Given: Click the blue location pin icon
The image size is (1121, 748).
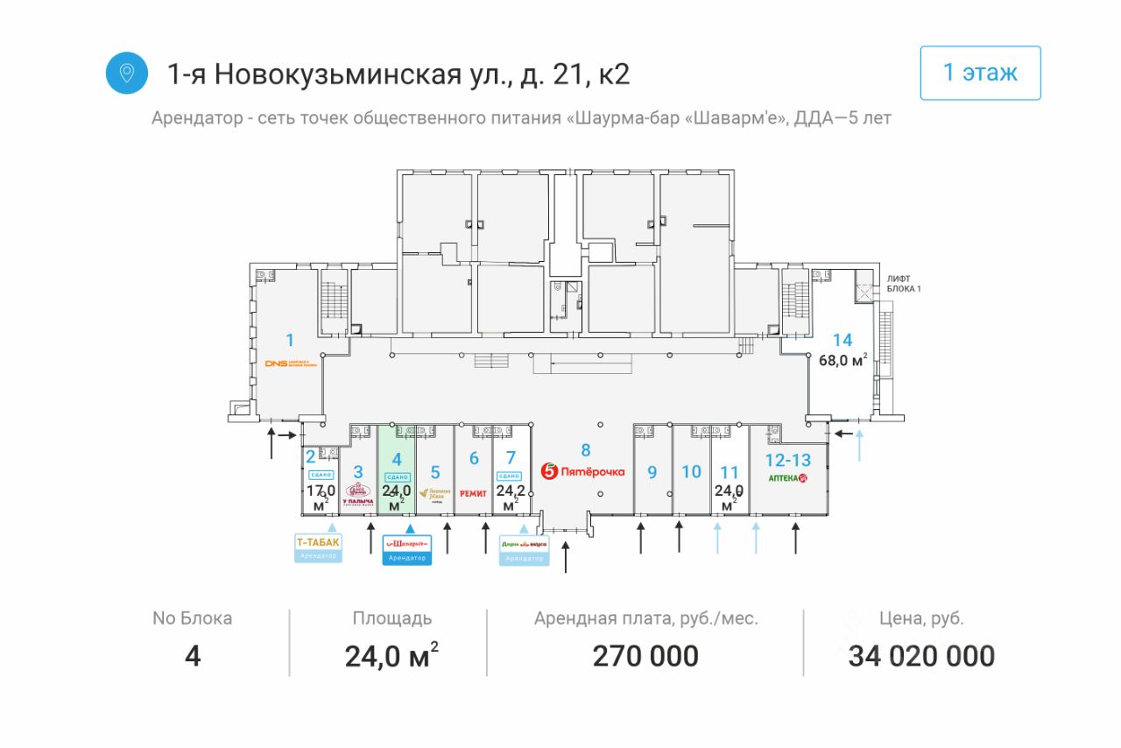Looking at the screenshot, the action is coord(127,73).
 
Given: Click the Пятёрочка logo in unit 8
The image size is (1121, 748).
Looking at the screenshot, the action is coord(583,471).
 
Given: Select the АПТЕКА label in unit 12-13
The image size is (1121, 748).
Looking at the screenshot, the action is coord(786,478).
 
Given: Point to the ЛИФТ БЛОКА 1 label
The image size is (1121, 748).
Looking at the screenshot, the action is coord(905,283).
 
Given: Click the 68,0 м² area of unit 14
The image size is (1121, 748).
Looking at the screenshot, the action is coord(843,360).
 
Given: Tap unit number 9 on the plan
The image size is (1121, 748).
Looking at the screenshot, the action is coord(652,472).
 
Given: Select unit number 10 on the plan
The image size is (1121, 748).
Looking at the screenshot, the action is coord(691,471).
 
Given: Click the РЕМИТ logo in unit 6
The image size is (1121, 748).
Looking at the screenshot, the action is coord(474,493).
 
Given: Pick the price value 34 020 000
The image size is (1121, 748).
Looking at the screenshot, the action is coord(921,655).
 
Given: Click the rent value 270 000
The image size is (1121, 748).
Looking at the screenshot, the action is coord(645,655).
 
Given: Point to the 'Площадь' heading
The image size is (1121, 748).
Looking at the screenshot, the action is coord(392,618).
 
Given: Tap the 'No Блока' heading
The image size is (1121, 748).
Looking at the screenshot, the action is coord(193,618).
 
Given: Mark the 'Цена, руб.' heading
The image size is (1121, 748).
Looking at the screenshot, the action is coord(921,618).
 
